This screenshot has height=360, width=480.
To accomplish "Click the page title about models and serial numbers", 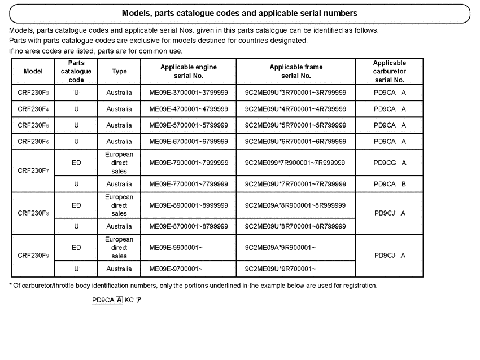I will click(x=239, y=12).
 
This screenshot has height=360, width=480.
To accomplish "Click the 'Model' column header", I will click(x=33, y=72).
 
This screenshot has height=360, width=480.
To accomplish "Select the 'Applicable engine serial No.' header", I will click(x=189, y=71).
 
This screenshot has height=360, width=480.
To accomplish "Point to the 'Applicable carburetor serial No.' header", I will click(x=390, y=72).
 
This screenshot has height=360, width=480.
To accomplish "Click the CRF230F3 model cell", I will click(x=33, y=93).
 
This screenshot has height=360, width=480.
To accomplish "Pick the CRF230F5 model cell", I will click(x=33, y=125).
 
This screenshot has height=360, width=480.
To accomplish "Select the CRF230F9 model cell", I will click(x=33, y=256).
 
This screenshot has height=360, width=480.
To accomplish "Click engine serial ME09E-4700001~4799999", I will click(x=189, y=109).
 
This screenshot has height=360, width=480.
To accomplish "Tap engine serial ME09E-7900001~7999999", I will click(x=189, y=163).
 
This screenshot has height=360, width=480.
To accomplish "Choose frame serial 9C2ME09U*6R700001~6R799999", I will click(x=296, y=142).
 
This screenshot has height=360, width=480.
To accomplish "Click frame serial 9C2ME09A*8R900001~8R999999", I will click(x=296, y=205).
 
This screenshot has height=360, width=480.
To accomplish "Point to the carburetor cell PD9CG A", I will click(x=390, y=163).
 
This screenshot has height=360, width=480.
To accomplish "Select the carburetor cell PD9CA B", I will click(x=390, y=184).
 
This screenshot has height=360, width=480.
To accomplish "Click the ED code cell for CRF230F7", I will click(x=76, y=163).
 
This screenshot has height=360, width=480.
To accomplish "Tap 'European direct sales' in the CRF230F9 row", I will click(x=119, y=248).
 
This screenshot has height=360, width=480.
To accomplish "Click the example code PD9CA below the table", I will click(x=103, y=300).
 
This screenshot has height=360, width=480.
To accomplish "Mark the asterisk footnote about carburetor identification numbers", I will click(x=193, y=286).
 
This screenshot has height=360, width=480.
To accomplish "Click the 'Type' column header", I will click(x=119, y=72).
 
